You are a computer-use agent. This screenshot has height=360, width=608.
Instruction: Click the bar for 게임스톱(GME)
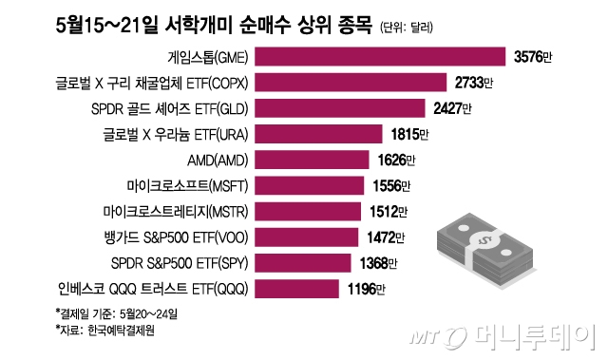click(x=381, y=56)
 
